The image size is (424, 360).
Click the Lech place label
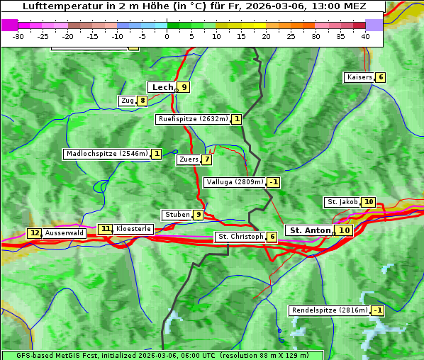162,87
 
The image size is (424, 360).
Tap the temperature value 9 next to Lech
184,87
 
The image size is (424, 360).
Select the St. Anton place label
311,230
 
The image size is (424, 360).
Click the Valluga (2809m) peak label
235,182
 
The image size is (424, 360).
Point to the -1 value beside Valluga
274,182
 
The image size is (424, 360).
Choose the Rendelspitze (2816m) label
330,310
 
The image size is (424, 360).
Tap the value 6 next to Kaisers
381,77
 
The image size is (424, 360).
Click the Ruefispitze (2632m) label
193,119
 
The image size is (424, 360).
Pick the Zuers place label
189,159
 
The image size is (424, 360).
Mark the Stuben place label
177,215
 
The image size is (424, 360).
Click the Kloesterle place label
133,229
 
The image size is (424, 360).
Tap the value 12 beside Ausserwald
35,233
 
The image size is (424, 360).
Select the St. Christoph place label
240,237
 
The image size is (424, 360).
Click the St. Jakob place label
342,202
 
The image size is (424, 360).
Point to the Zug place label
128,101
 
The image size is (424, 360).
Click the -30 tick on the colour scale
18,36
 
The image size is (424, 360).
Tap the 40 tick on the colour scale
365,36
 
